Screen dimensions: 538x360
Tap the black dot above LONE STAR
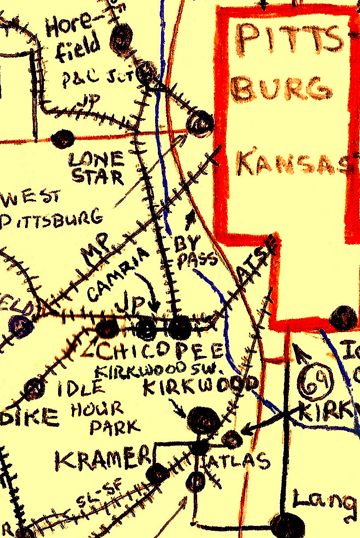(62, 139)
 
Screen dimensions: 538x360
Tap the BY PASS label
(194, 252)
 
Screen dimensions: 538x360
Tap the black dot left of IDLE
(34, 389)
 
